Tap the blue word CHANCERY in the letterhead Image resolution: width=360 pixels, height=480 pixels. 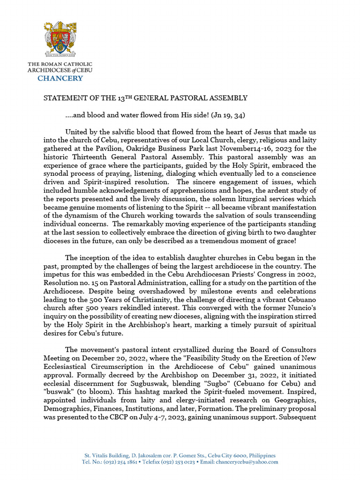(60, 78)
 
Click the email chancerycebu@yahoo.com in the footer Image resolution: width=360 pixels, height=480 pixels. (247, 462)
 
